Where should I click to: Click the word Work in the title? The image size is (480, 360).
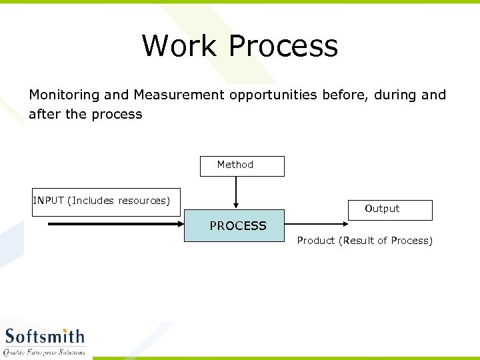tap(179, 46)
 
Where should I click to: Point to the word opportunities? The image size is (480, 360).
tap(273, 95)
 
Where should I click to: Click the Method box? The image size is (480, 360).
tap(242, 165)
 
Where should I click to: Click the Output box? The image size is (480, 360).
tap(390, 209)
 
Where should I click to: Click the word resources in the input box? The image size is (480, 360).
tap(143, 201)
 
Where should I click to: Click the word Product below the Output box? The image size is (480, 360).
tap(316, 241)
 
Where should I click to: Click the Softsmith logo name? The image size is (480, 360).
tap(45, 336)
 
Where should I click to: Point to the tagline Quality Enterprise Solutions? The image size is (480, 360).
tap(45, 352)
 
